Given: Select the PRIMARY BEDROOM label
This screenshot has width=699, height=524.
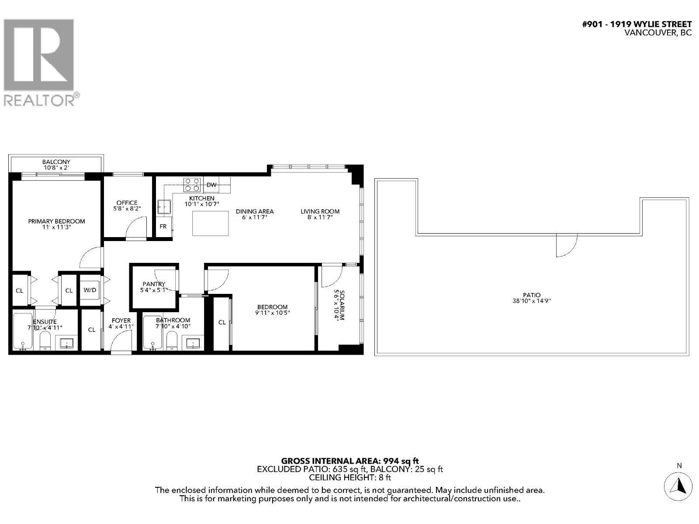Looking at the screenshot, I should click(56, 221).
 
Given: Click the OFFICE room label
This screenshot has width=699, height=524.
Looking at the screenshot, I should click(127, 203).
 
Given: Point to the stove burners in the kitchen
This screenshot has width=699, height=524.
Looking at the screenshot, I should click(192, 184).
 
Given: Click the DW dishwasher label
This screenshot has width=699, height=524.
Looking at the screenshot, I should click(211, 185).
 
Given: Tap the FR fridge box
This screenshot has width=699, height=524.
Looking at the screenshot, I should click(163, 227).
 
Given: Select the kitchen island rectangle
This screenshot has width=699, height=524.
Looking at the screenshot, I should click(211, 223).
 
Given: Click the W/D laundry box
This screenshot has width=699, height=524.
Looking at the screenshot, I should click(90, 290).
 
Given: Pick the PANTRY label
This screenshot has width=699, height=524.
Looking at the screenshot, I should click(154, 284).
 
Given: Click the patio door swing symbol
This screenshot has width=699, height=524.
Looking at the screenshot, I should click(566, 245).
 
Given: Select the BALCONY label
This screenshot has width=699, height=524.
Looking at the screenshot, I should click(56, 162).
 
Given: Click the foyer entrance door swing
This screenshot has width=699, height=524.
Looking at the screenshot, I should click(121, 341).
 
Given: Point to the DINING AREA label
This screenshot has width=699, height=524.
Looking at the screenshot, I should click(255, 211).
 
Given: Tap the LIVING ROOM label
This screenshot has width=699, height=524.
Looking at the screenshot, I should click(320, 211).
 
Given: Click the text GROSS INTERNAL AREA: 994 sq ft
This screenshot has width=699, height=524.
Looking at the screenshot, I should click(349, 461).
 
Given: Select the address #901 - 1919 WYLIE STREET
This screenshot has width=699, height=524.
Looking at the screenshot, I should click(637, 24).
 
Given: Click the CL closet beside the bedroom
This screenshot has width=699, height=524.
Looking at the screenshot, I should click(222, 322).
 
